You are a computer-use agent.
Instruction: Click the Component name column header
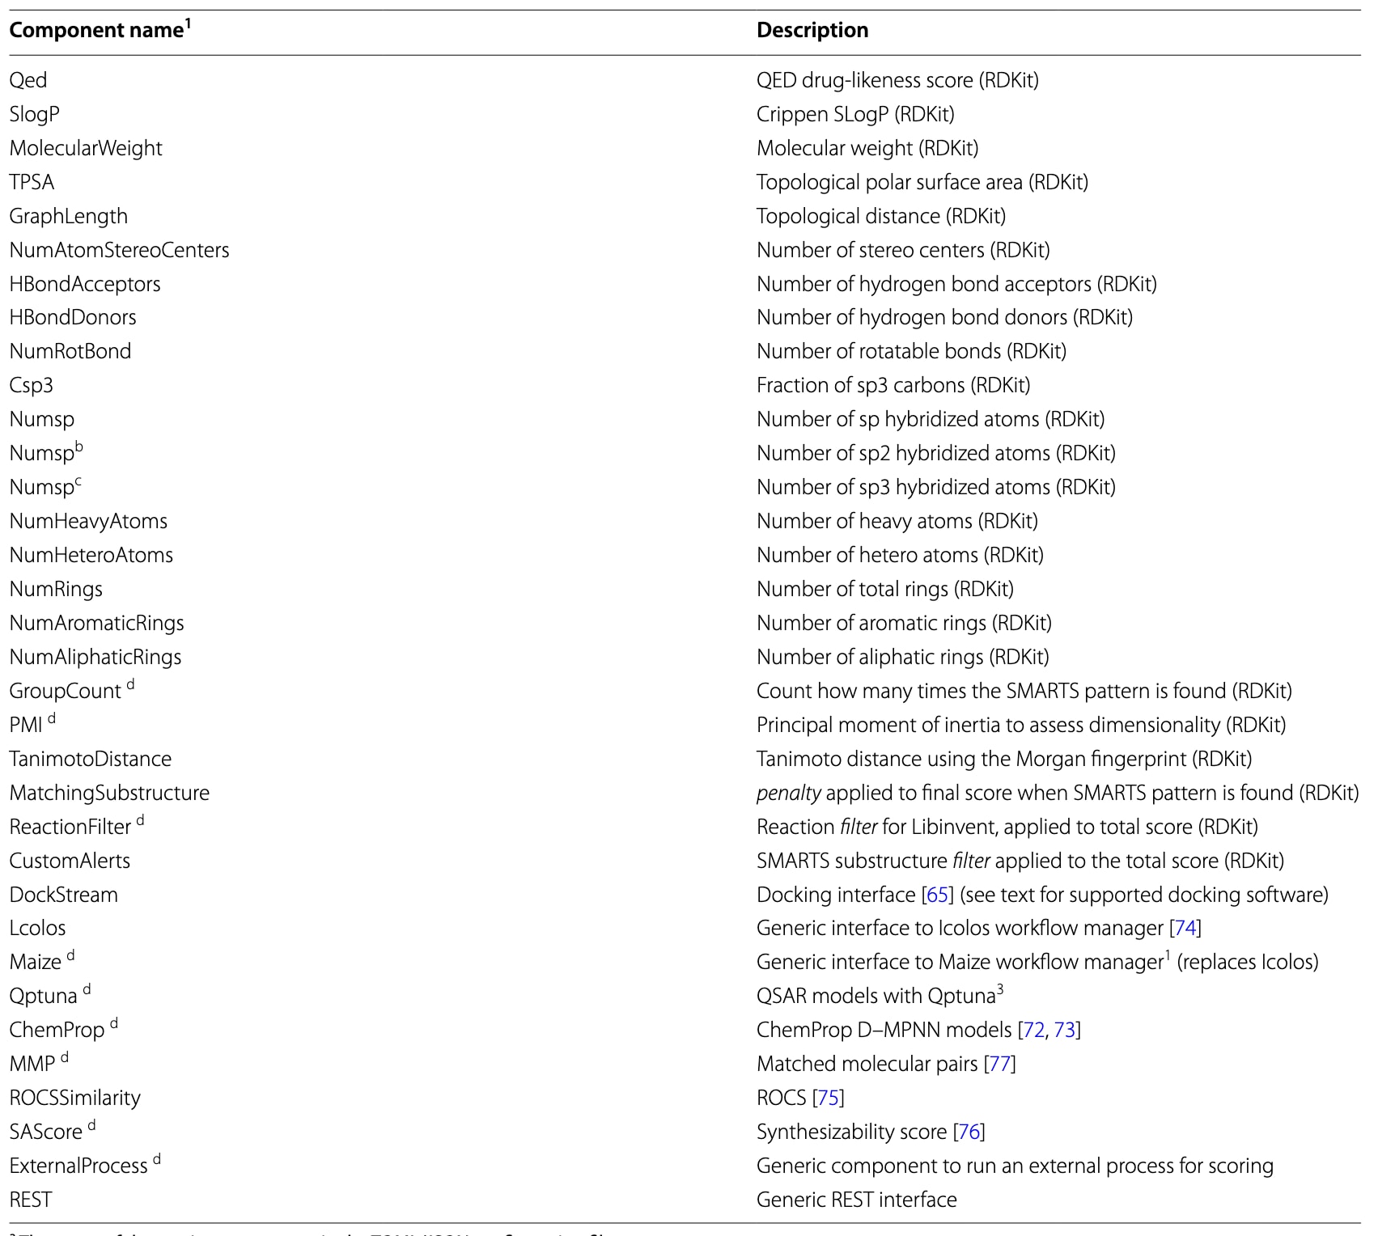97,31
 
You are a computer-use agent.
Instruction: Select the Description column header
812,31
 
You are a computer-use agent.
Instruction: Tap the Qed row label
28,80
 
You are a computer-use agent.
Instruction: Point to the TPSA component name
32,182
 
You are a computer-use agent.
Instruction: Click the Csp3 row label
31,385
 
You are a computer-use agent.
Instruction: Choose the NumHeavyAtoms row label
88,521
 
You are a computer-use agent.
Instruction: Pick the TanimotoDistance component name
90,759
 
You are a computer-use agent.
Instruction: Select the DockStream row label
63,895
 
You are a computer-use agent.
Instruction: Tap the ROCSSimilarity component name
74,1098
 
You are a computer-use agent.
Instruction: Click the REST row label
31,1200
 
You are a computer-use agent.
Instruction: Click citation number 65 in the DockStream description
937,895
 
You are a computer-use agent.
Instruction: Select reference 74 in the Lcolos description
1185,928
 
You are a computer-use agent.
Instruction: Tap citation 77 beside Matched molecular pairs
1000,1064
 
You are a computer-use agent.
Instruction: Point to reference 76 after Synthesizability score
969,1132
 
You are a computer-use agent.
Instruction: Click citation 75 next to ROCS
828,1098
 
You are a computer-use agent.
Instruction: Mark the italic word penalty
788,793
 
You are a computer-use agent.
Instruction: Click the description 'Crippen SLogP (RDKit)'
855,114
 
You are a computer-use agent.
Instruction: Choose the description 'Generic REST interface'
856,1200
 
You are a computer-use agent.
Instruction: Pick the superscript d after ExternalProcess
157,1159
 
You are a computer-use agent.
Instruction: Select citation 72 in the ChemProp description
1033,1030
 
